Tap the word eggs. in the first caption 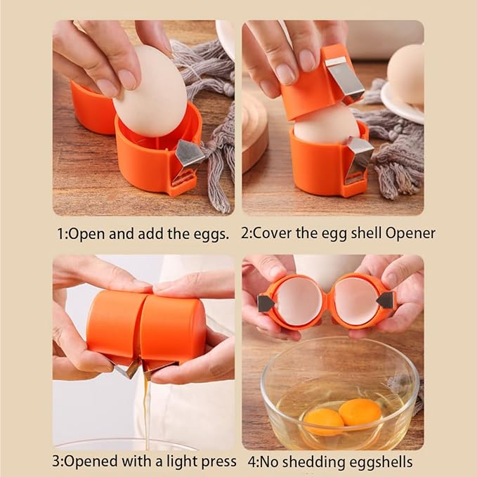[211, 235]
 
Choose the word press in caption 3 [218, 462]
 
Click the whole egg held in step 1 [150, 91]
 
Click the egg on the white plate [406, 74]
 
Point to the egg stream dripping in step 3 [147, 407]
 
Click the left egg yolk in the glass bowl [323, 422]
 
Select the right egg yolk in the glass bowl [360, 412]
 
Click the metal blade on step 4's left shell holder [266, 303]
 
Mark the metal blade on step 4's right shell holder [386, 300]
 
